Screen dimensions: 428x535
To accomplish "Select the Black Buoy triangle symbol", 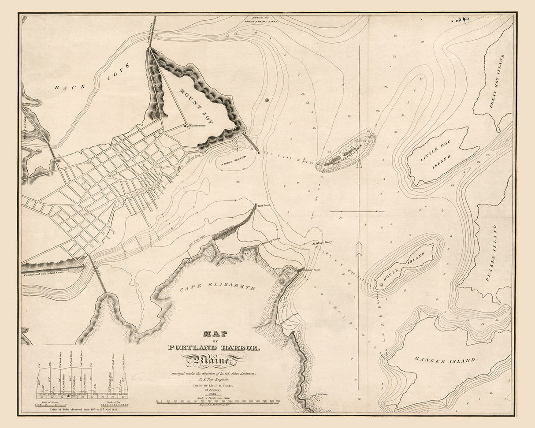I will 314,243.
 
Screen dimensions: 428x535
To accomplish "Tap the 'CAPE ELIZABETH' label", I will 218,288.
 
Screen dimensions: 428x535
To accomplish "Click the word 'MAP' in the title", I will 214,335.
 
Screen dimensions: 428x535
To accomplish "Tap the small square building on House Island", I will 381,286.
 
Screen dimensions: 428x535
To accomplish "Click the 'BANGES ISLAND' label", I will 445,360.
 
